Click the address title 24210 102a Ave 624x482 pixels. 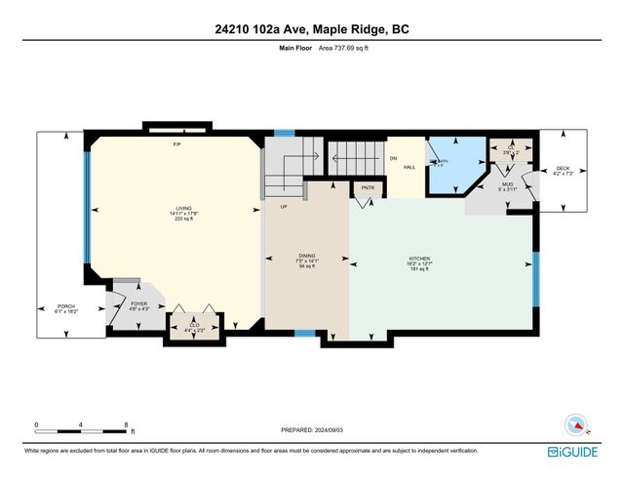311,29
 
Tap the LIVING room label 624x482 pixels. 183,208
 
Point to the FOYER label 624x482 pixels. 138,304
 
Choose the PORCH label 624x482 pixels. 66,304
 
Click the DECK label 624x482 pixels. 563,169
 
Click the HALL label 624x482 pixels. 410,167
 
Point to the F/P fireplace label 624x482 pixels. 177,144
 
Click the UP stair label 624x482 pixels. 284,207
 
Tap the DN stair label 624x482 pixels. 394,157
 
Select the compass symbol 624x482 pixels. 576,424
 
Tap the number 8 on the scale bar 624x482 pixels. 127,423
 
